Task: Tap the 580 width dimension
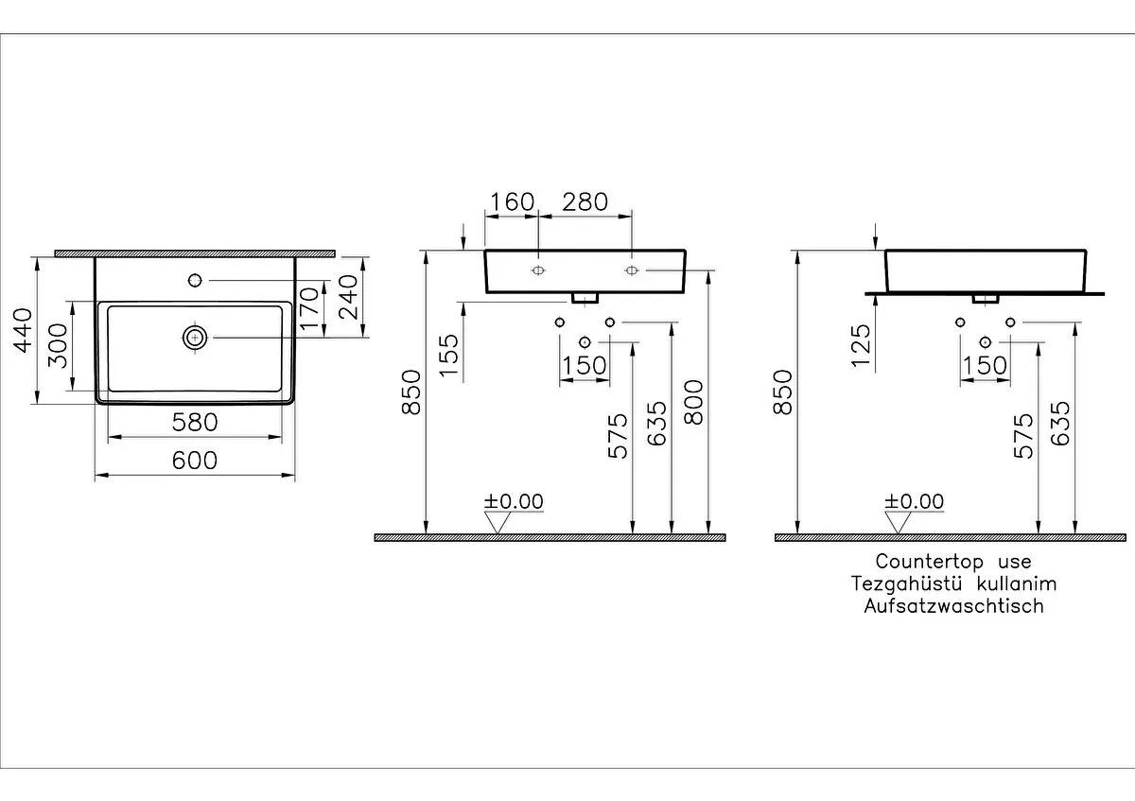coord(195,422)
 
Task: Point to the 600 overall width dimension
coord(195,460)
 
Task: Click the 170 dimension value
coord(309,308)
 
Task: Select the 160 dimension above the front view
coord(512,201)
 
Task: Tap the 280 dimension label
coord(585,201)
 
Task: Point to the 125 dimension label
coord(860,348)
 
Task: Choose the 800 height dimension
coord(694,403)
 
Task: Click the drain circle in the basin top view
coord(195,337)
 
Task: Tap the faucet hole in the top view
coord(195,280)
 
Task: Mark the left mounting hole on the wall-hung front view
coord(537,271)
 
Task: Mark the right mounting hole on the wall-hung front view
coord(631,271)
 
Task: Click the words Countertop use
coord(953,563)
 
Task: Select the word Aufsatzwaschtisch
coord(953,606)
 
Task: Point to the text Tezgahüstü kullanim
coord(953,584)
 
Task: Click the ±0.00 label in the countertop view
coord(914,501)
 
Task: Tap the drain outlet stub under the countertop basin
coord(986,298)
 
